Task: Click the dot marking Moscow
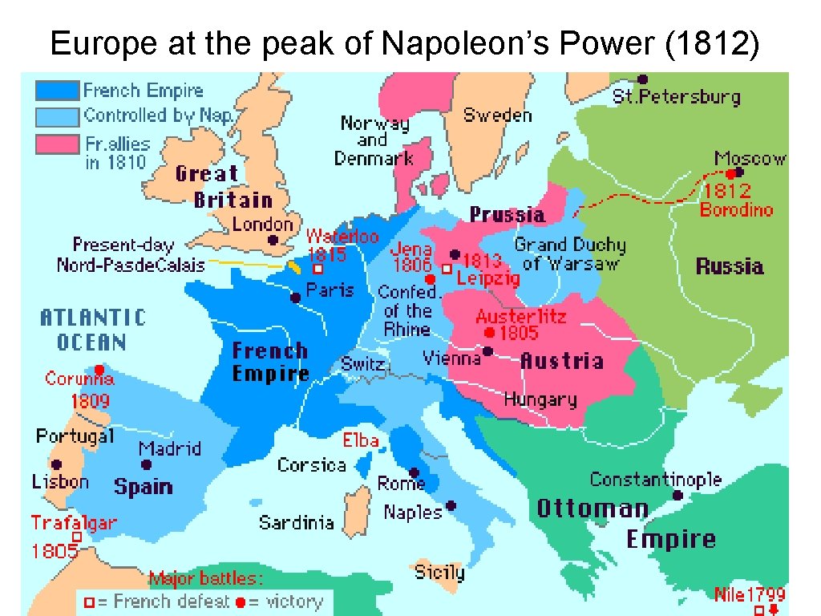[739, 172]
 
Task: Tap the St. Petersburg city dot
[642, 79]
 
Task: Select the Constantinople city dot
[677, 496]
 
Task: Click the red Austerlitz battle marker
[488, 332]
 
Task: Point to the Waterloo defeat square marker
[317, 270]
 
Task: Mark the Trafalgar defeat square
[77, 537]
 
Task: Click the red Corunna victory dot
[99, 370]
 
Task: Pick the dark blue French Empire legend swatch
[57, 91]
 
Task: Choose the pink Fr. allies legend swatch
[57, 144]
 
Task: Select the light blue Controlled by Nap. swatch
[57, 116]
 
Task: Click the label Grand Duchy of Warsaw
[570, 253]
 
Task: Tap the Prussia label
[507, 215]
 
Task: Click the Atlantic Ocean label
[93, 330]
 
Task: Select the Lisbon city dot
[56, 464]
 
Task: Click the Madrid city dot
[146, 464]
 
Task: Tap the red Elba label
[361, 440]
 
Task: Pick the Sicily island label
[439, 572]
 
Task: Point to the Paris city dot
[296, 298]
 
